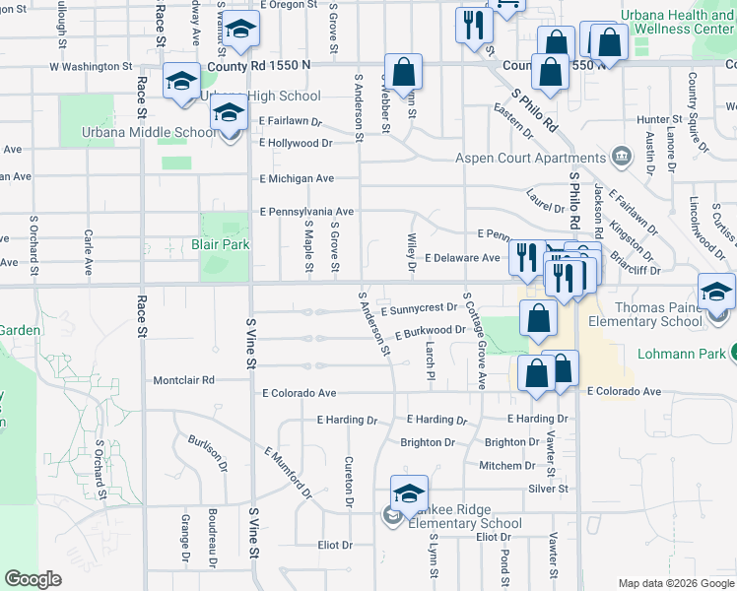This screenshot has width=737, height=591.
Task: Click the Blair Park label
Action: pyautogui.click(x=227, y=244)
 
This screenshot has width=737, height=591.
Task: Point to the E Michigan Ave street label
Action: pyautogui.click(x=297, y=179)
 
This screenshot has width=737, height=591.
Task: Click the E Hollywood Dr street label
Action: pyautogui.click(x=296, y=143)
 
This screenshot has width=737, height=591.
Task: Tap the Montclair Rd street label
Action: pyautogui.click(x=183, y=380)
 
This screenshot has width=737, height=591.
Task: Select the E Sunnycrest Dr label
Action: pyautogui.click(x=419, y=309)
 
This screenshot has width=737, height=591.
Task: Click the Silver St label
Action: pyautogui.click(x=549, y=489)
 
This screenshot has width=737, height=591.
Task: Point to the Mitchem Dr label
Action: pyautogui.click(x=507, y=465)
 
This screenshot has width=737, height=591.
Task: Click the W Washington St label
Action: pyautogui.click(x=90, y=67)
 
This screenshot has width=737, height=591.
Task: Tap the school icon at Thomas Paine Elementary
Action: pyautogui.click(x=716, y=292)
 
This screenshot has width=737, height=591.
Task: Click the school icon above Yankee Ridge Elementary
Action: pyautogui.click(x=409, y=494)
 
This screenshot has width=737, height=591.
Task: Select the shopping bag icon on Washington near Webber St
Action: pyautogui.click(x=403, y=71)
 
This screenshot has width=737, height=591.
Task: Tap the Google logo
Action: pyautogui.click(x=33, y=579)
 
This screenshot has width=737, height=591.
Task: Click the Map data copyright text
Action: pyautogui.click(x=675, y=583)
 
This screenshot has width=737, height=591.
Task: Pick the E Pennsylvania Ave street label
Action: pyautogui.click(x=306, y=212)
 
